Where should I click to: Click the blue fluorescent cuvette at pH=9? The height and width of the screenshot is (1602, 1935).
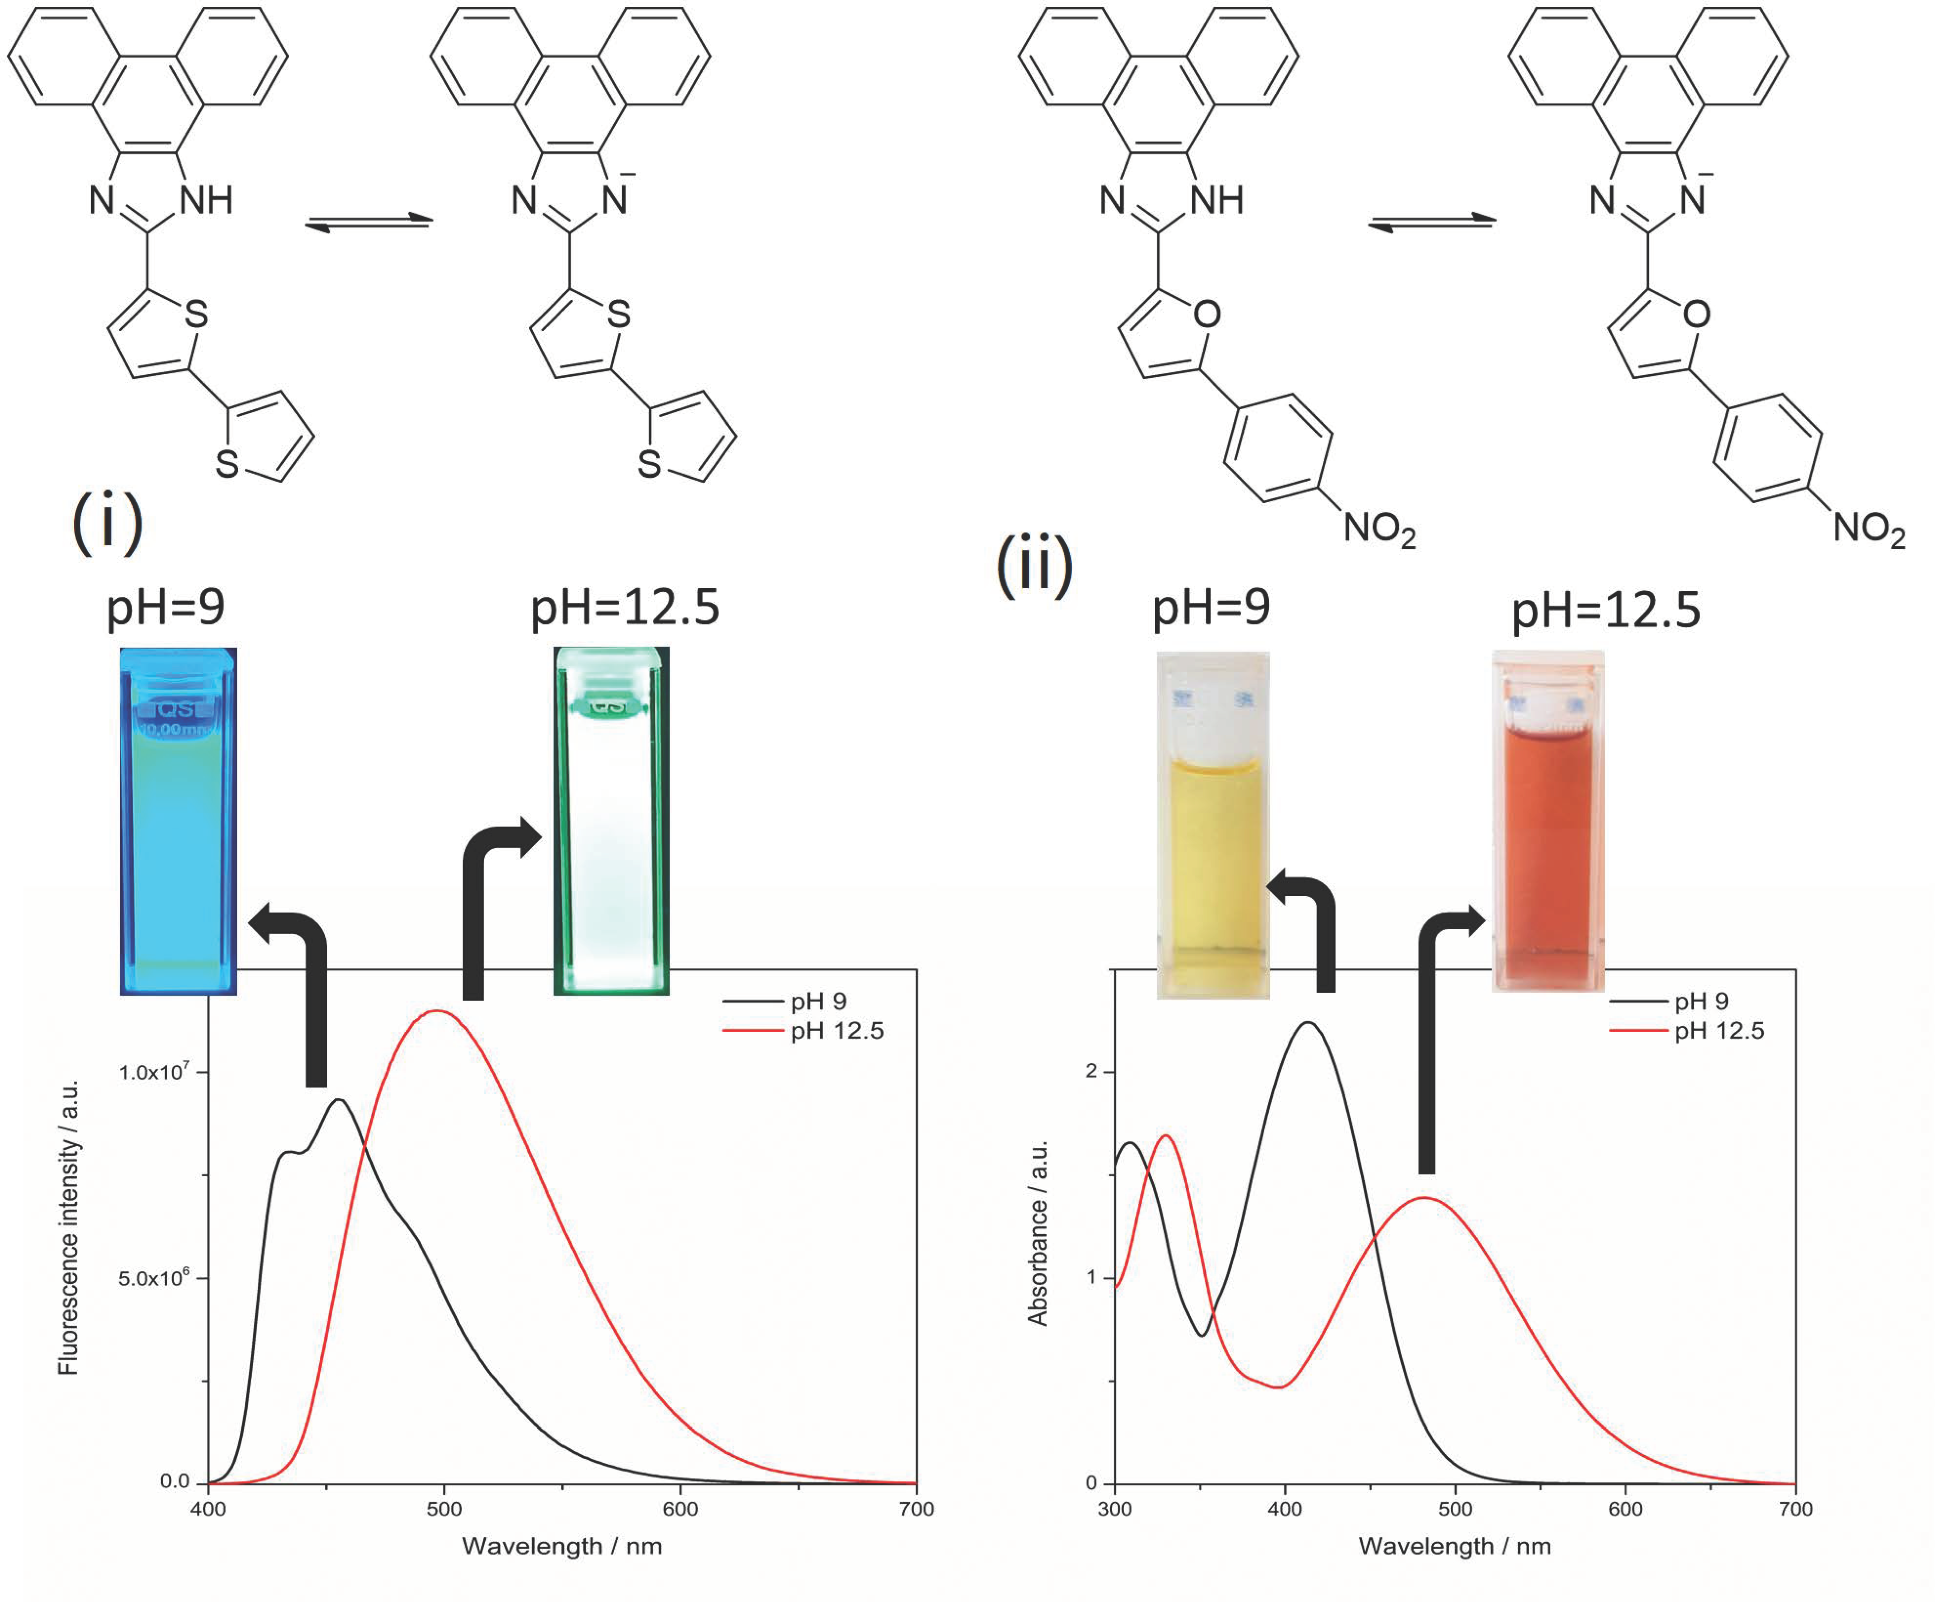178,820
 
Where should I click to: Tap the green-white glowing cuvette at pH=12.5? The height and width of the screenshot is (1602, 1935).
611,820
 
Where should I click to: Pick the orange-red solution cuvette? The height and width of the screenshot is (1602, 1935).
1548,820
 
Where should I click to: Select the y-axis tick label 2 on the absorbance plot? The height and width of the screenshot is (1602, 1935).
1092,1071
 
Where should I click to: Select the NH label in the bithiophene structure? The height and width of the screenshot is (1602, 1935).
206,200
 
